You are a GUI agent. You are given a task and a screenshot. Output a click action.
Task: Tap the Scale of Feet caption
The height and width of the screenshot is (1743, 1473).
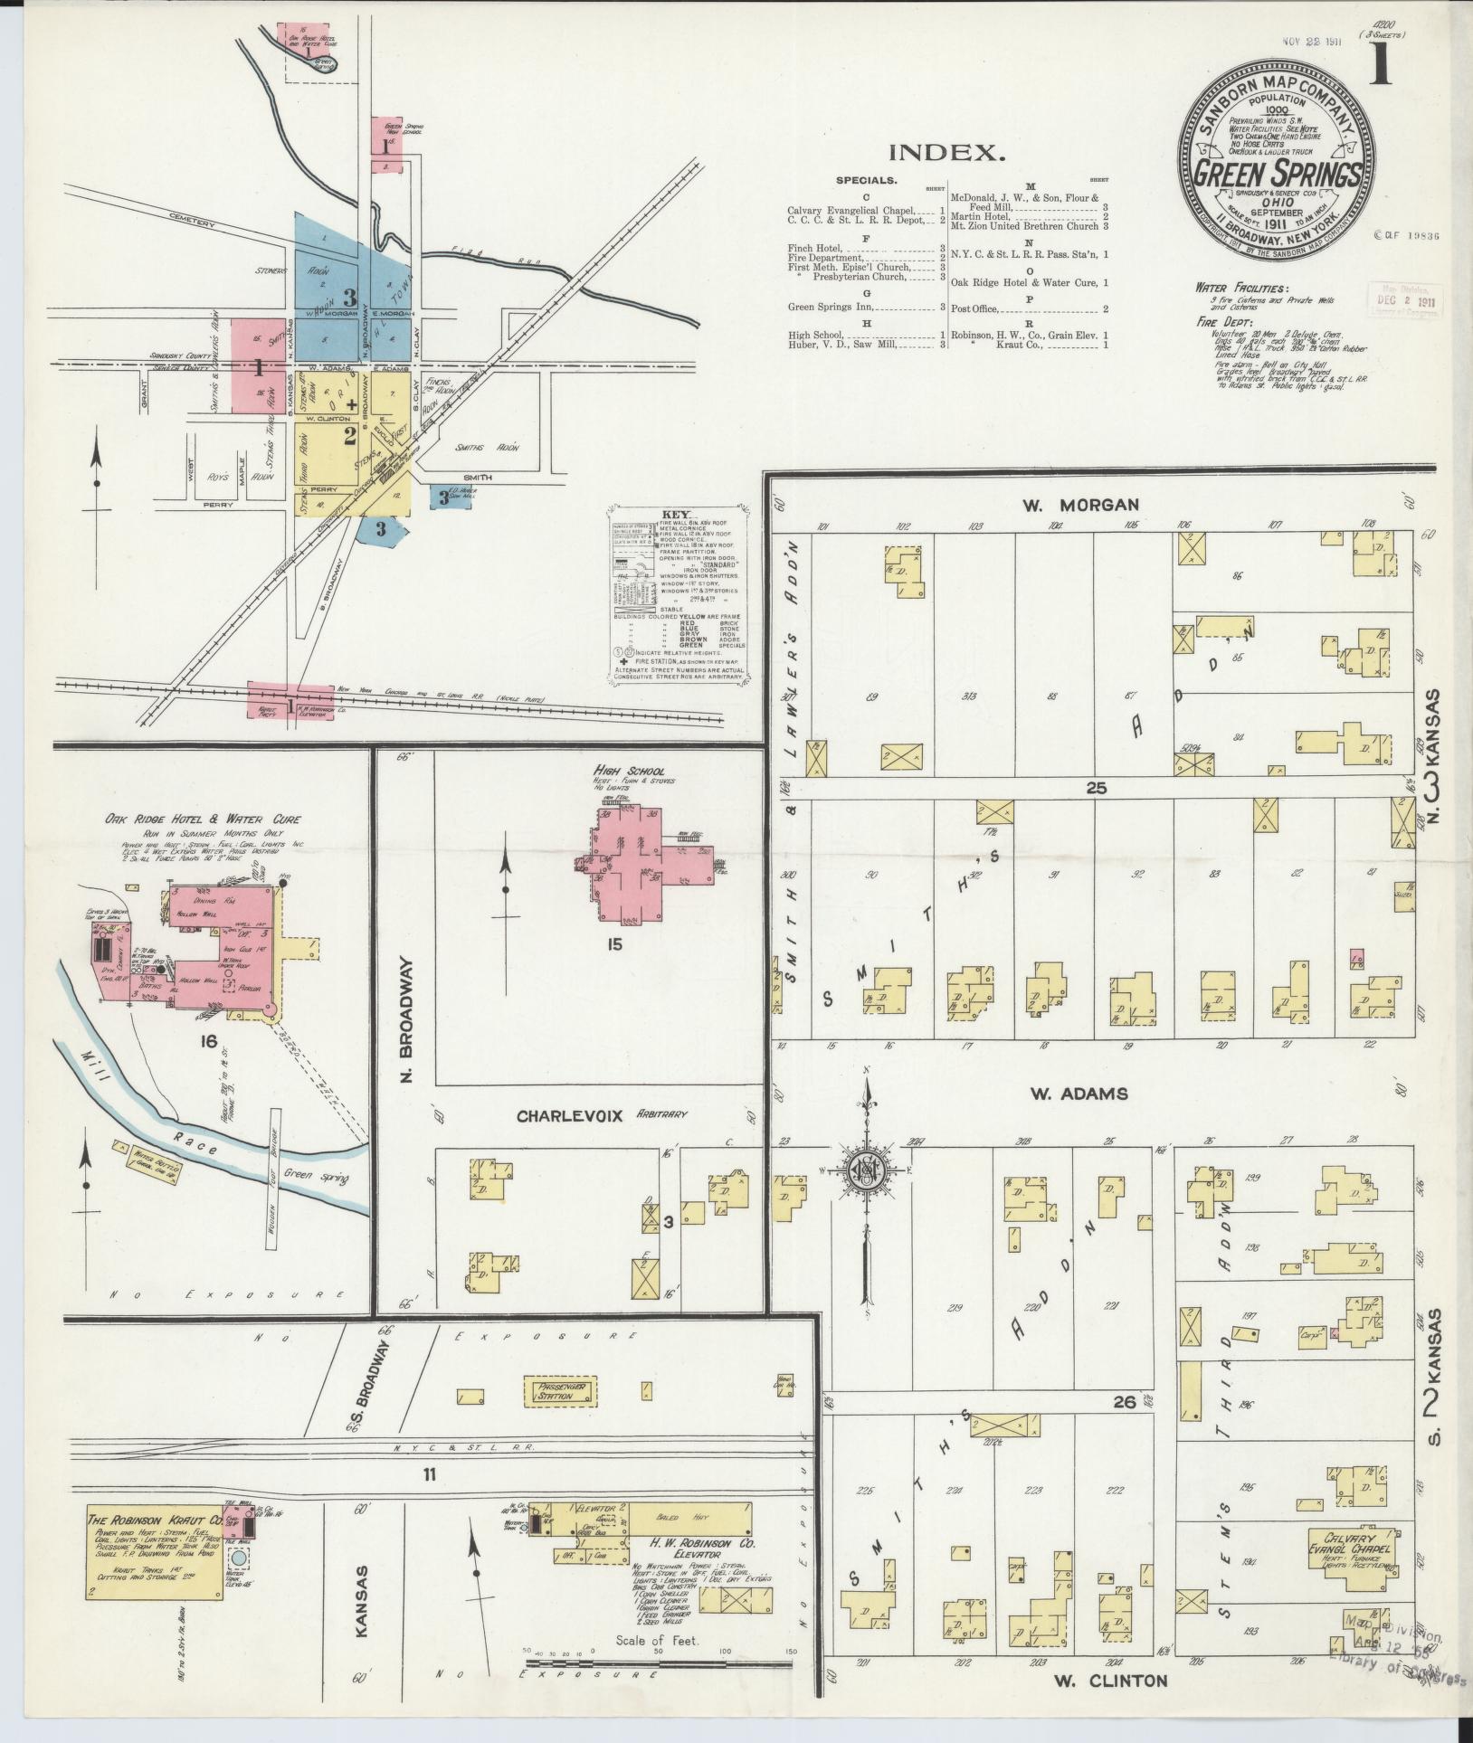point(657,1640)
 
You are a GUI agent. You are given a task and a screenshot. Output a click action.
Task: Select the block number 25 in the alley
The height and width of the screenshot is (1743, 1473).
point(1097,788)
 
